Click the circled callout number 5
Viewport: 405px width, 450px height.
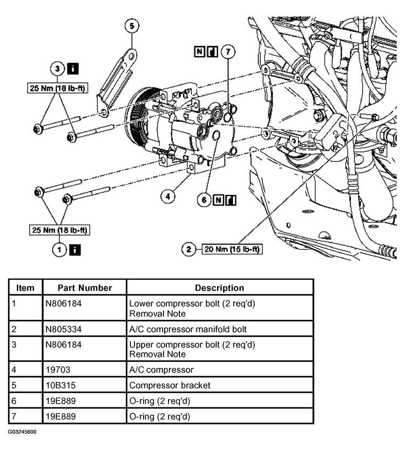click(x=131, y=25)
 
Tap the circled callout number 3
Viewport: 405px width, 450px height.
click(x=58, y=69)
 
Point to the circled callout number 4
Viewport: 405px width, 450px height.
click(x=168, y=197)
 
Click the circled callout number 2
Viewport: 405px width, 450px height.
click(x=189, y=249)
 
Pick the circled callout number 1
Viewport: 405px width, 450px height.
click(x=58, y=249)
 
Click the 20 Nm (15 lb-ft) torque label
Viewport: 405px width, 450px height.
click(x=231, y=249)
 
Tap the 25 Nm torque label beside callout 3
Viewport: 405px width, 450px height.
click(x=58, y=87)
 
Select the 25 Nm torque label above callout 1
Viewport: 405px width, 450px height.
click(x=59, y=230)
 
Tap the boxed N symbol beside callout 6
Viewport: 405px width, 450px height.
click(x=219, y=199)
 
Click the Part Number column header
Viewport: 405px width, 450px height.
click(x=85, y=288)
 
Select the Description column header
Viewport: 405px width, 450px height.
click(x=219, y=288)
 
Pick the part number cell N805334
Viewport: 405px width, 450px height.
click(x=64, y=328)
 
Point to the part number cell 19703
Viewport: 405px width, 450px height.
click(x=57, y=370)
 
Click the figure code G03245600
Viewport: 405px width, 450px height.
click(x=22, y=433)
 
